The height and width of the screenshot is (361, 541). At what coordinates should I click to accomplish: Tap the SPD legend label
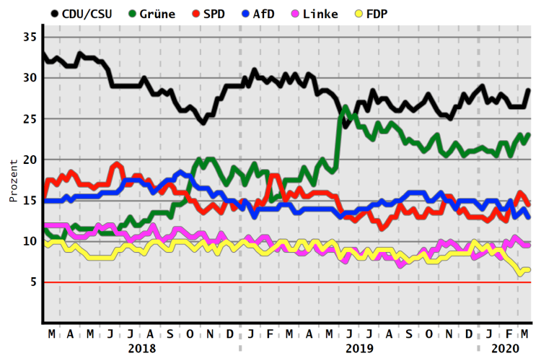coord(214,14)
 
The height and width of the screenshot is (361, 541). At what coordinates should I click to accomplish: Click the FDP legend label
coord(378,14)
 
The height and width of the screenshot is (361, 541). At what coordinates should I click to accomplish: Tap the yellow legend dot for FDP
coord(356,14)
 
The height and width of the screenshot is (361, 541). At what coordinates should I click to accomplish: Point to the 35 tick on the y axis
coord(29,37)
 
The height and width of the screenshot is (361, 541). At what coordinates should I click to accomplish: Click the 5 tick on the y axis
coord(33,282)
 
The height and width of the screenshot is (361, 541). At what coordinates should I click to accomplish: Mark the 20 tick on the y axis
coord(29,160)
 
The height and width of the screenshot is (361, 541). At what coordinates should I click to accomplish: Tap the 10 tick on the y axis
coord(29,241)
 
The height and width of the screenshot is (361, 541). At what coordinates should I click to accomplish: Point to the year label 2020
coord(505,348)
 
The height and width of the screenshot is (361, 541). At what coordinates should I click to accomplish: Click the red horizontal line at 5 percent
coord(289,282)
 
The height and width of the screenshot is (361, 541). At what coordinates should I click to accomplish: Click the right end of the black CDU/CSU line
coord(529,90)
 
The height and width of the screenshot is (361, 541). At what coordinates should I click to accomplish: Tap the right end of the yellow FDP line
coord(529,269)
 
